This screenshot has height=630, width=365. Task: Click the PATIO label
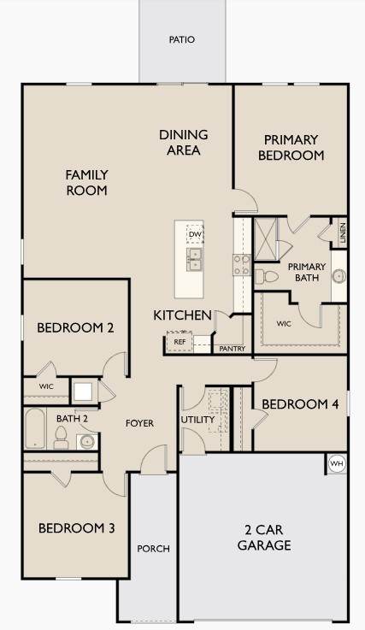pyautogui.click(x=182, y=39)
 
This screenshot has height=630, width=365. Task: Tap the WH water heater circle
pyautogui.click(x=337, y=463)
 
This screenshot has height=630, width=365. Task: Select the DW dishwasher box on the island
pyautogui.click(x=195, y=234)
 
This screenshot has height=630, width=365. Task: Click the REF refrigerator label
pyautogui.click(x=180, y=342)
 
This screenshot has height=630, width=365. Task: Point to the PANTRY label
pyautogui.click(x=232, y=349)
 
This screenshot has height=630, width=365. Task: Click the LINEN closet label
pyautogui.click(x=343, y=233)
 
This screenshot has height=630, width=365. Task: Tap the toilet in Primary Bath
pyautogui.click(x=267, y=276)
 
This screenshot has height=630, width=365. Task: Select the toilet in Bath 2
pyautogui.click(x=61, y=438)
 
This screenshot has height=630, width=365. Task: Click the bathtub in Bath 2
pyautogui.click(x=35, y=428)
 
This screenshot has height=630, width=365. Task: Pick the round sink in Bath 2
pyautogui.click(x=87, y=442)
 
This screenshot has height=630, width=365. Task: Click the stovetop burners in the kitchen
pyautogui.click(x=242, y=265)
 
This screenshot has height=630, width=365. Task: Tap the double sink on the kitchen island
pyautogui.click(x=195, y=259)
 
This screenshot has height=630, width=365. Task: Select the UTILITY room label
pyautogui.click(x=197, y=420)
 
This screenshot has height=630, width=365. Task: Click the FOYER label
pyautogui.click(x=139, y=423)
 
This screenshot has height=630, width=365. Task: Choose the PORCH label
pyautogui.click(x=153, y=549)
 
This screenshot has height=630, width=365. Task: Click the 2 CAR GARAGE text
pyautogui.click(x=264, y=537)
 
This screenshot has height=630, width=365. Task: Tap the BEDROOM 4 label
pyautogui.click(x=300, y=403)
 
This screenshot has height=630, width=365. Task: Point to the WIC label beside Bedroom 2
pyautogui.click(x=46, y=386)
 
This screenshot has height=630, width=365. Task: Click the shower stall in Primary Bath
pyautogui.click(x=266, y=239)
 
